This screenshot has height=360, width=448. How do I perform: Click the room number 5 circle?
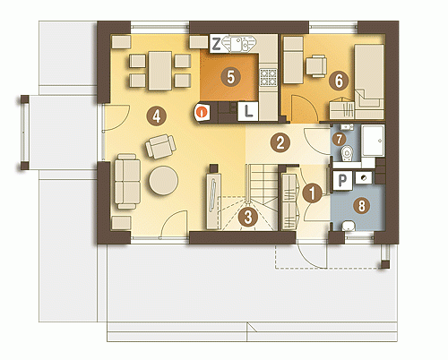[x=230, y=77]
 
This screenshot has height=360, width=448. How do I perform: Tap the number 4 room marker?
[x=157, y=116]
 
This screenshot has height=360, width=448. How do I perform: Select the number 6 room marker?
[x=339, y=81]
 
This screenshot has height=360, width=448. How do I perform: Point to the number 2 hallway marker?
[x=280, y=142]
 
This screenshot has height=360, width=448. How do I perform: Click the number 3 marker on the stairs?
[x=248, y=217]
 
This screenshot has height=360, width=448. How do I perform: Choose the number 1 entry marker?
[x=312, y=193]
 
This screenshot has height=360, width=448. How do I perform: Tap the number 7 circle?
[x=339, y=139]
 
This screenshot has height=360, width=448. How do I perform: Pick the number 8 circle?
[x=361, y=206]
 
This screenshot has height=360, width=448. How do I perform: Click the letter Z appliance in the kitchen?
[x=217, y=44]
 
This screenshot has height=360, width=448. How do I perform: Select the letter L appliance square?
[x=248, y=111]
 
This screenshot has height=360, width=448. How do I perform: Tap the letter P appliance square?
[x=342, y=180]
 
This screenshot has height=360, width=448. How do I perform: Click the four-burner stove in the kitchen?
[x=268, y=77]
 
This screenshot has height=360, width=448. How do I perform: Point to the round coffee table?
[x=164, y=181]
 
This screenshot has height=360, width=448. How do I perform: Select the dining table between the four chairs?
[x=160, y=71]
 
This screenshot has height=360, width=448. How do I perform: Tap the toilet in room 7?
[x=348, y=153]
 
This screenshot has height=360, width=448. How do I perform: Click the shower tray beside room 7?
[x=372, y=141]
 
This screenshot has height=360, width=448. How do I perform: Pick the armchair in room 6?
[x=316, y=65]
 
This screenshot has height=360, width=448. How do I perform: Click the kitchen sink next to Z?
[x=238, y=45]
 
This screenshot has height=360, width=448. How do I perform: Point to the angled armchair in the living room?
[x=160, y=146]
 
